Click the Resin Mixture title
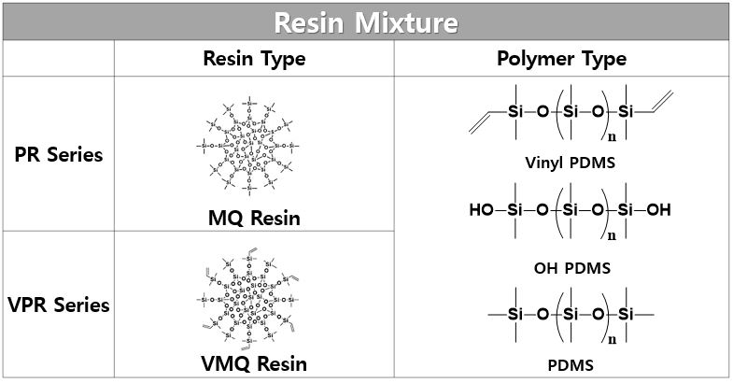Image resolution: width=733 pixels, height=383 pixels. [367, 21]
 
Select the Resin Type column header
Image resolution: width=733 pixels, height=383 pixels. [254, 59]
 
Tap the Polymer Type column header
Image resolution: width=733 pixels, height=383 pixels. [560, 59]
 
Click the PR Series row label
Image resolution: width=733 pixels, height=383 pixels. [58, 154]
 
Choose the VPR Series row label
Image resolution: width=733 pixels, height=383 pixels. [58, 305]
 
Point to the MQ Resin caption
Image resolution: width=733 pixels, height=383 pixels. [254, 219]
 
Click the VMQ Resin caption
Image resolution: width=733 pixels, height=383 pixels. [254, 363]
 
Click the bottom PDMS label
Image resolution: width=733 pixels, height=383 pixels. [560, 365]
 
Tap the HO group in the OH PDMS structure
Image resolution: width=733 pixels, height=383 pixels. [482, 210]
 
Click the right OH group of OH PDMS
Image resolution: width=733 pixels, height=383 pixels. [658, 210]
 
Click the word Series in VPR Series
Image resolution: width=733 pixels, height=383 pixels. [83, 305]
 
